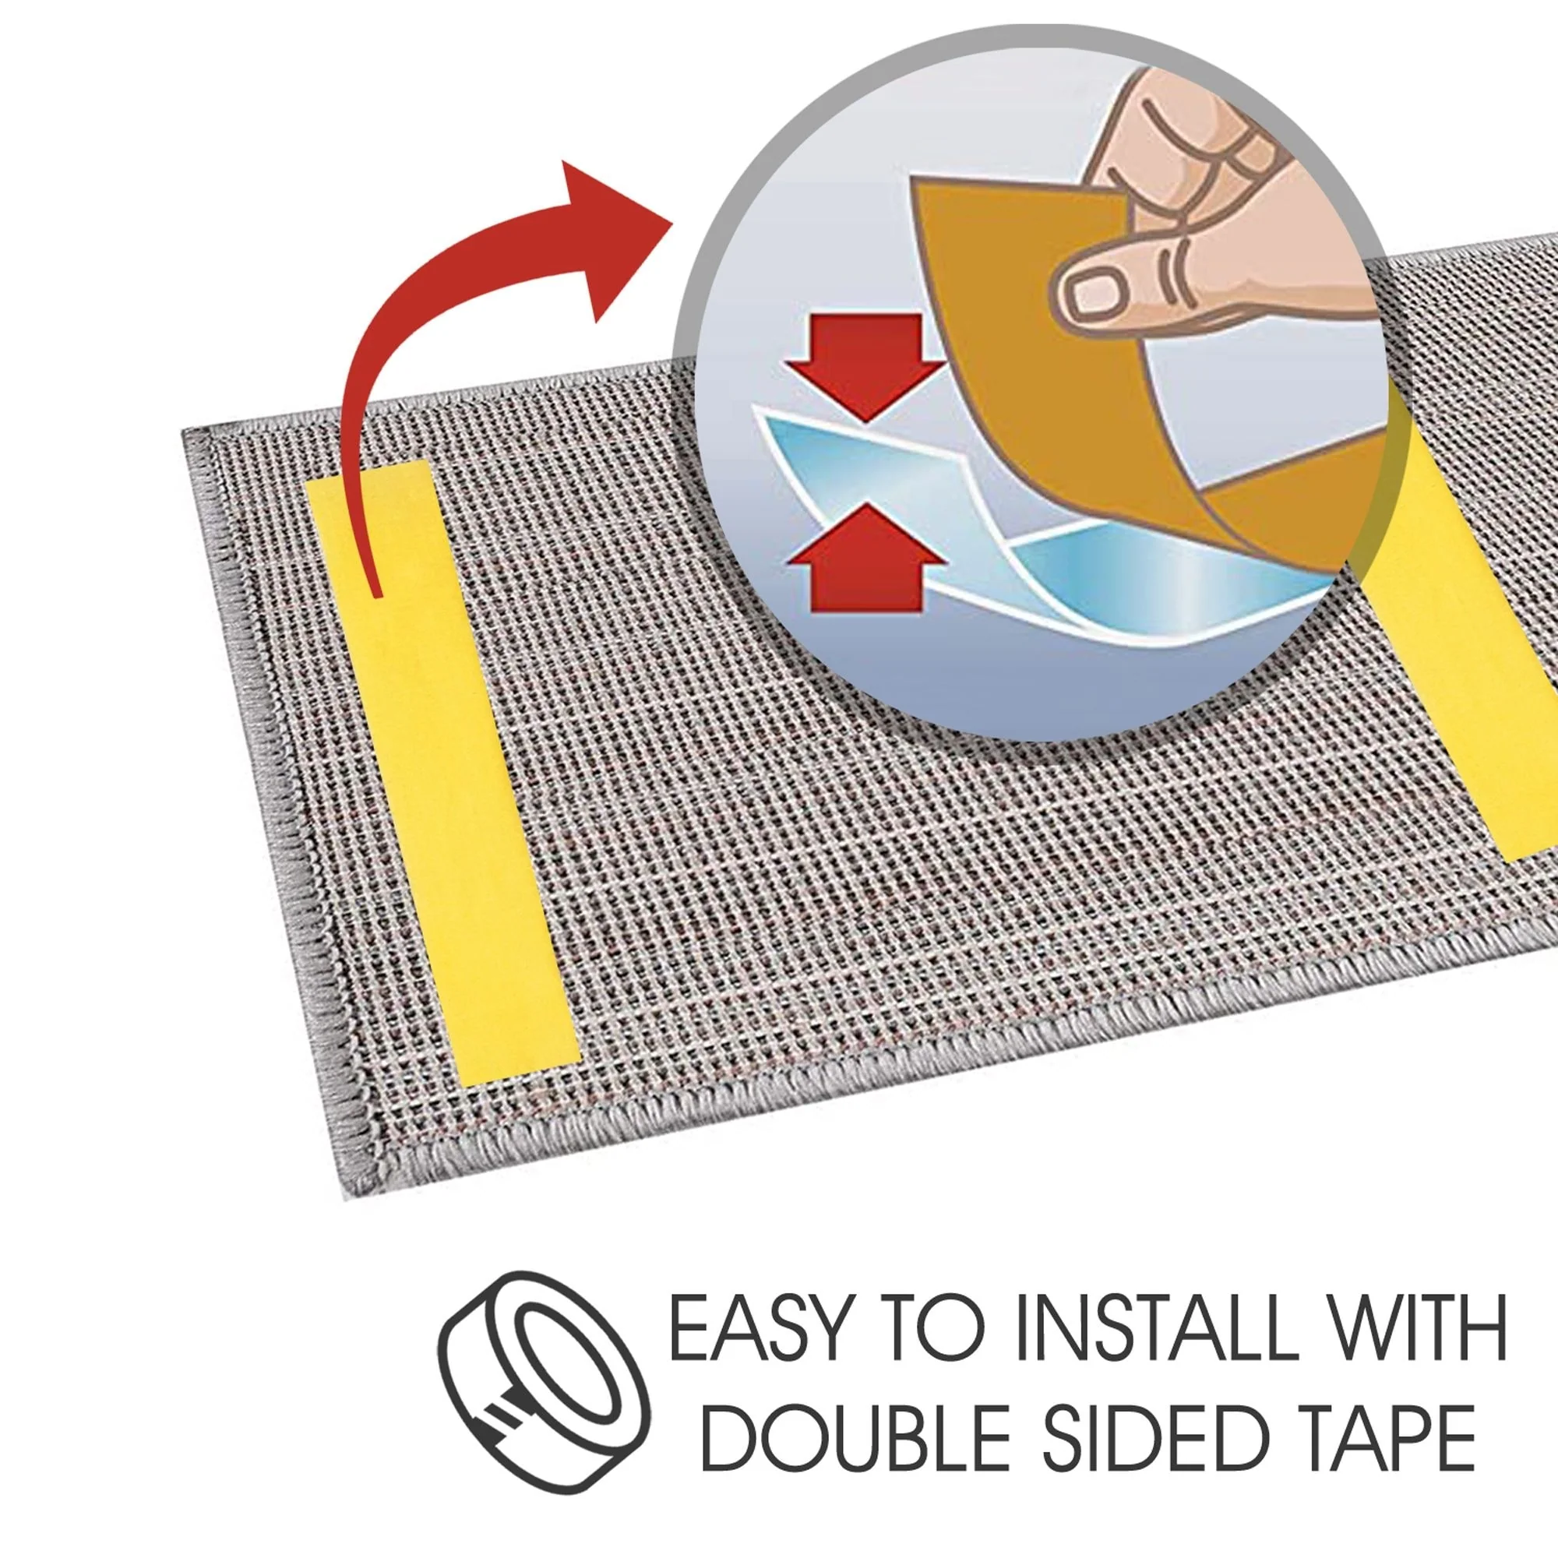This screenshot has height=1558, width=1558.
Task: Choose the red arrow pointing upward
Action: pos(865,559)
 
